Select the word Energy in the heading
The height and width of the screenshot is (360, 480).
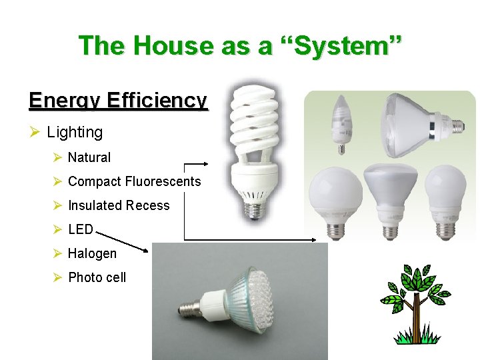[x=63, y=100]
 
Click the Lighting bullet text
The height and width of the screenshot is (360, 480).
[x=75, y=133]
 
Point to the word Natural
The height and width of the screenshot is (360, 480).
[x=89, y=158]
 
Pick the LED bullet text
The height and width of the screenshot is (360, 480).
[x=81, y=229]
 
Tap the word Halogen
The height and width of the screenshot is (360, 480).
[x=92, y=253]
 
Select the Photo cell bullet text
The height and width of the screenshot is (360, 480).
[x=97, y=277]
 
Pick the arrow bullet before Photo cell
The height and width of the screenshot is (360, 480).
[x=57, y=277]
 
